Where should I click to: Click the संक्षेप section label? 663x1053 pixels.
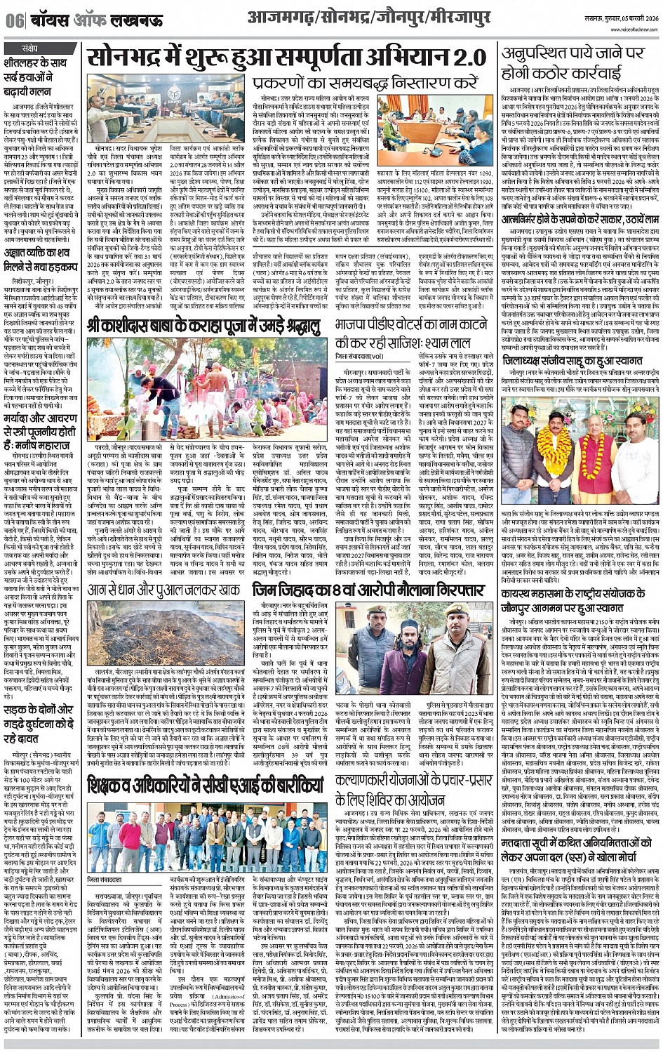(x=31, y=46)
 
